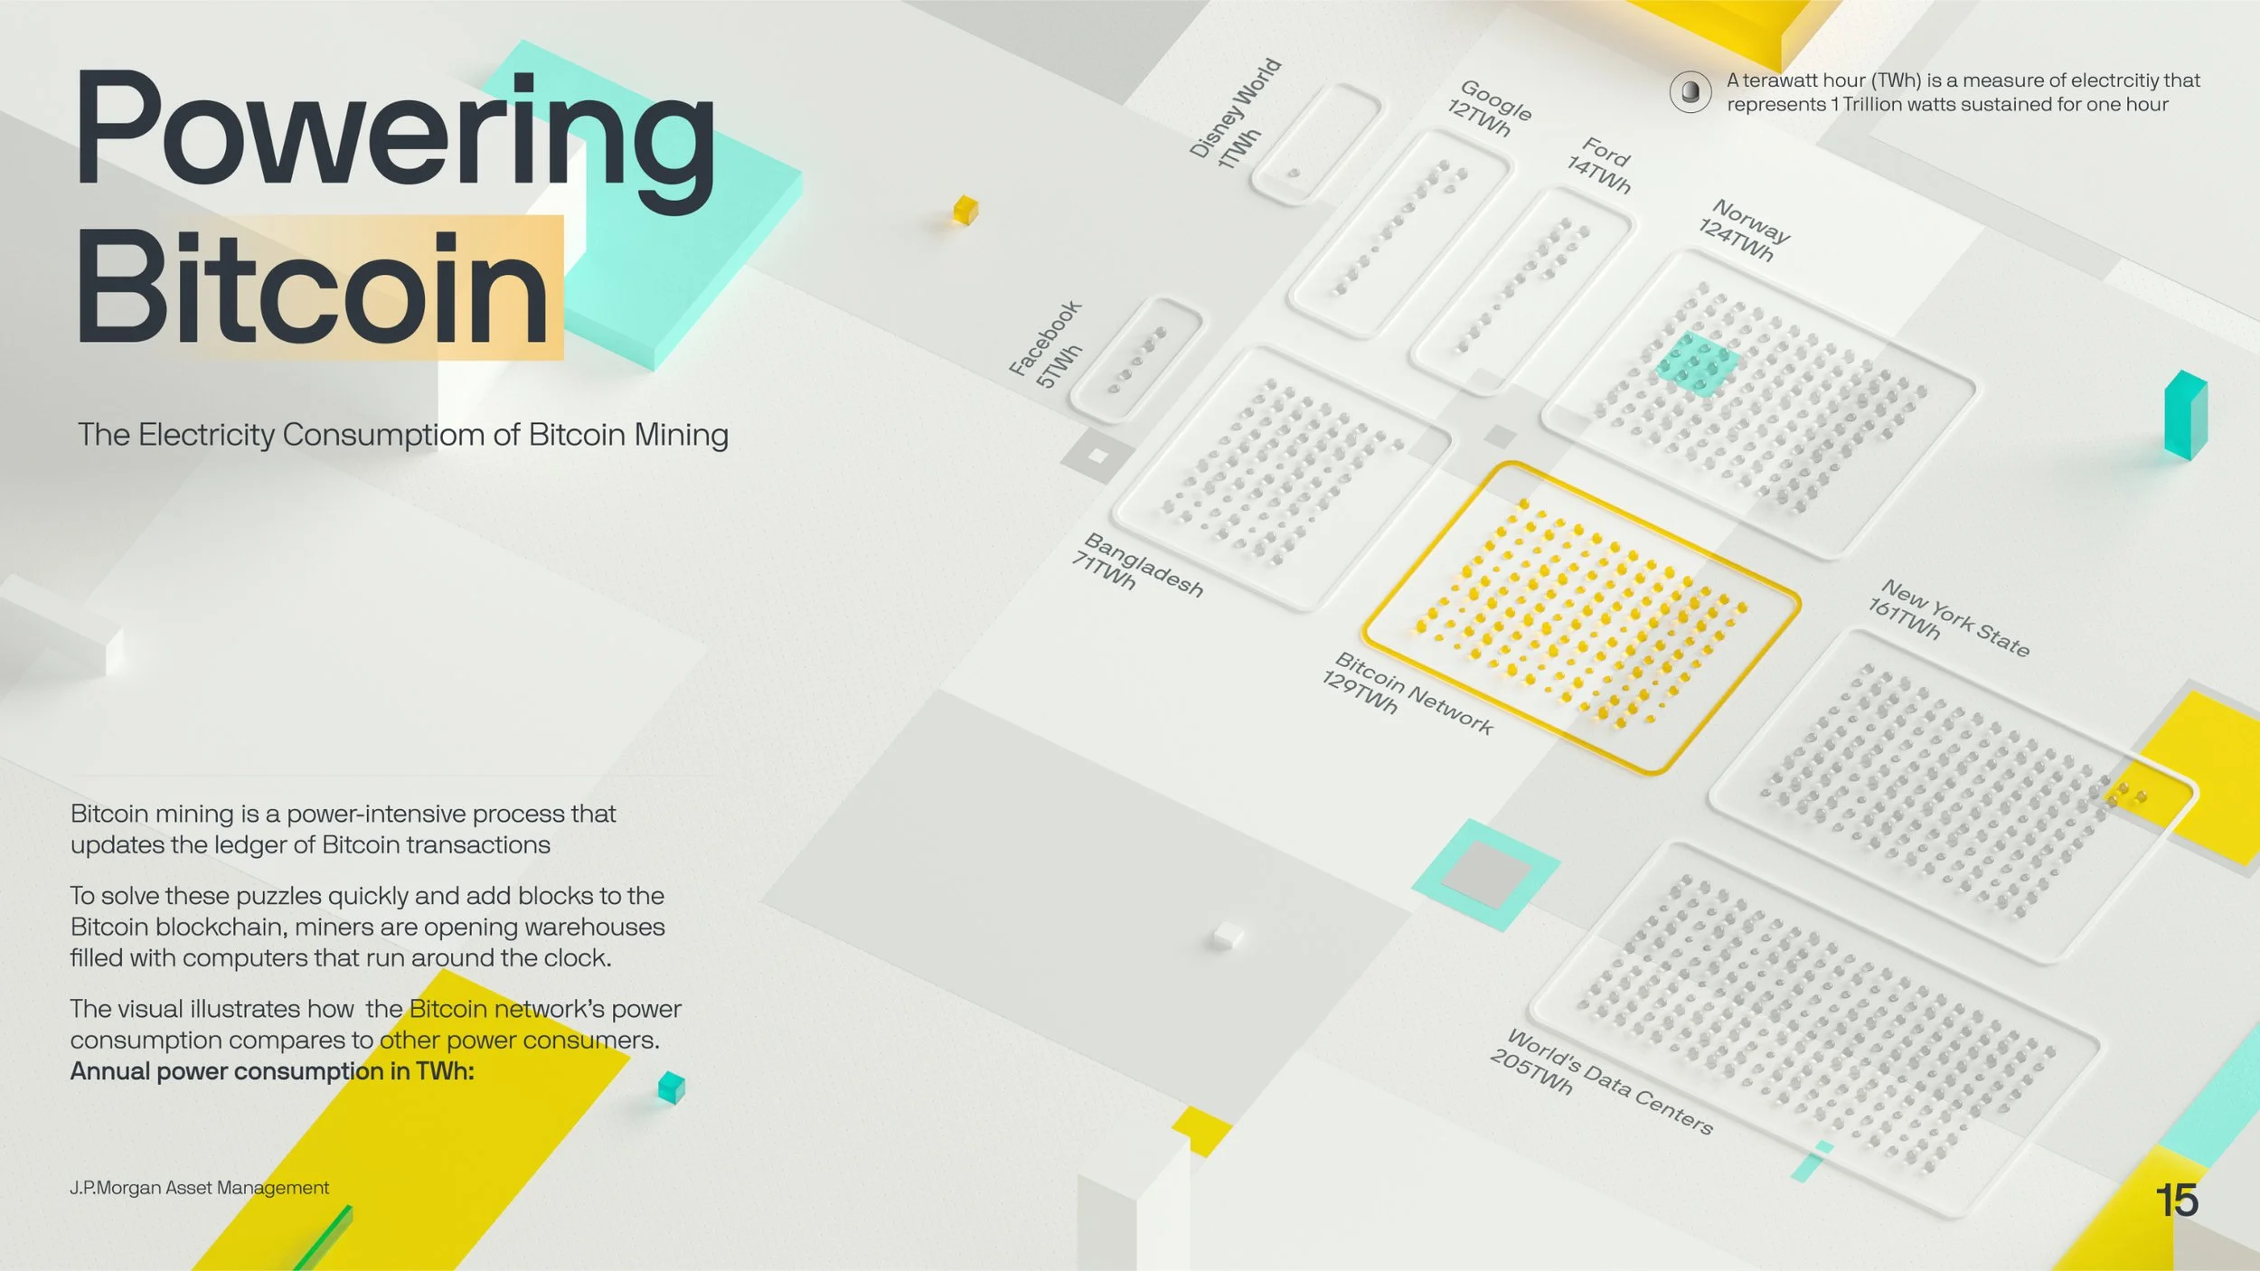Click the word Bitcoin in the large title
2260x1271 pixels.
(x=313, y=287)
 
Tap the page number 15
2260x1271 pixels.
(x=2177, y=1200)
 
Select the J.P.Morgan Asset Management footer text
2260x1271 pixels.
(x=199, y=1188)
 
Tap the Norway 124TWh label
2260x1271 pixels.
(x=1745, y=230)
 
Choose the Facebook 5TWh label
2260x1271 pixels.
(x=1046, y=344)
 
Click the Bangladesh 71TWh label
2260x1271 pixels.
(x=1137, y=564)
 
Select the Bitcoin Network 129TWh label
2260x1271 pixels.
(x=1407, y=692)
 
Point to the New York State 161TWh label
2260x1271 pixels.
(x=1949, y=617)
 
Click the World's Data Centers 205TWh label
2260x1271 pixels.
(x=1601, y=1081)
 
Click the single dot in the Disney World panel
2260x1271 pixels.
(x=1294, y=173)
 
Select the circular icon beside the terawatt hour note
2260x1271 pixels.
(x=1690, y=91)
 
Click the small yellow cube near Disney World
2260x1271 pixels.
(x=965, y=210)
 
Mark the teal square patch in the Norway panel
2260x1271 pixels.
(x=1697, y=363)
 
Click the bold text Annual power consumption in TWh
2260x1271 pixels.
(x=272, y=1071)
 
